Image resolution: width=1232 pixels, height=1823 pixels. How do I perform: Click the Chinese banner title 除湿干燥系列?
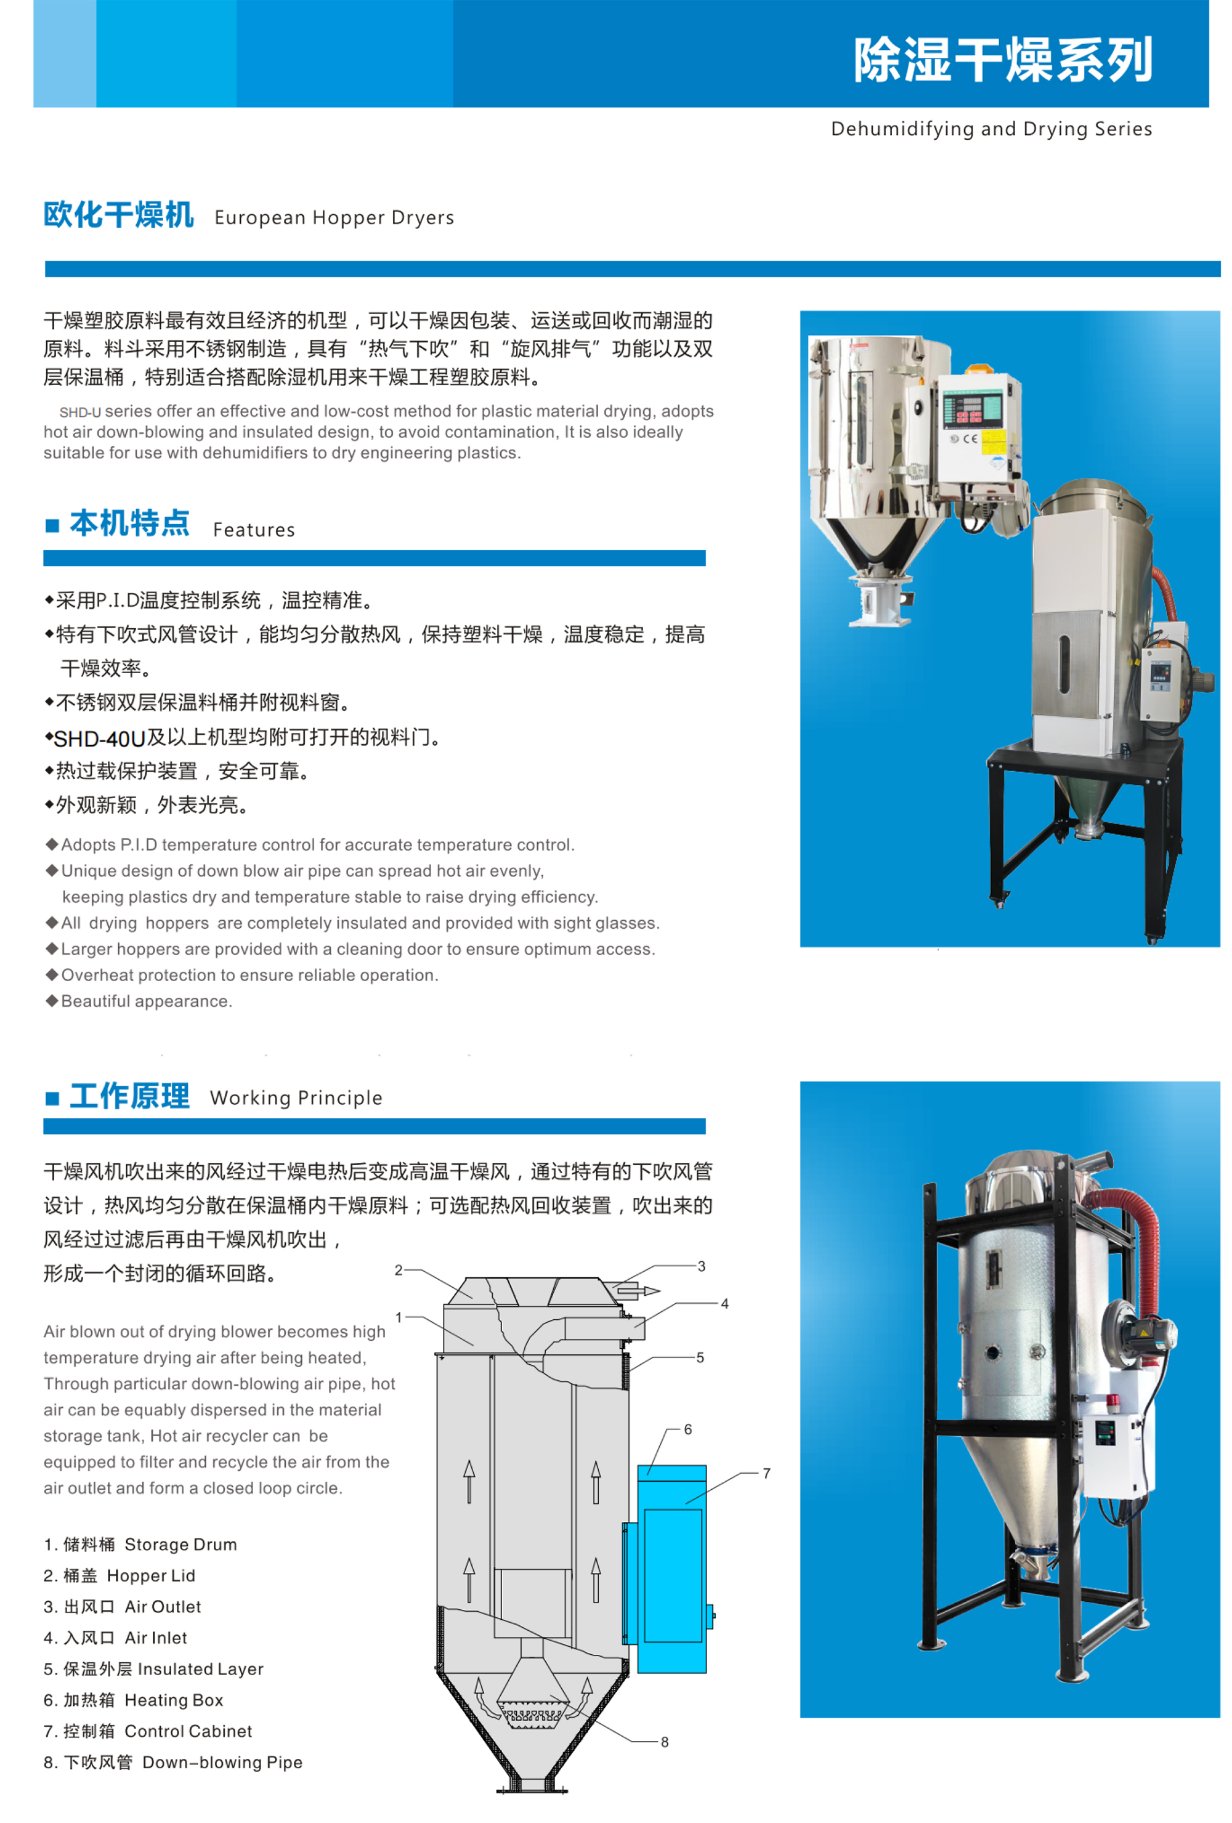(1002, 60)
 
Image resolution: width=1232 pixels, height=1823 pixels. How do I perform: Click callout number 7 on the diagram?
(767, 1473)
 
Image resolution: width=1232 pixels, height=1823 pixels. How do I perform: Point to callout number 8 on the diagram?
(665, 1742)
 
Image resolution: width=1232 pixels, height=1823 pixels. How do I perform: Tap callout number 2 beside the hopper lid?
(399, 1270)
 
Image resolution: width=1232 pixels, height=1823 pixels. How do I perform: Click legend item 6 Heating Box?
(134, 1700)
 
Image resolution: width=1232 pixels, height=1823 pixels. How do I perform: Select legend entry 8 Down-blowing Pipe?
(172, 1763)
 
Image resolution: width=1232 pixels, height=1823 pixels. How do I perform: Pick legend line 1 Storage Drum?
(140, 1545)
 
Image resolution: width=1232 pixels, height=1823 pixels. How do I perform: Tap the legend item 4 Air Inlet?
(115, 1638)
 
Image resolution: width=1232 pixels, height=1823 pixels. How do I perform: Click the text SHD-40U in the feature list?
(100, 739)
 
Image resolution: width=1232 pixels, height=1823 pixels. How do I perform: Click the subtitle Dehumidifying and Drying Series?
(991, 129)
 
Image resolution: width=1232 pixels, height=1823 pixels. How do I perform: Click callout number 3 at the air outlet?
(702, 1266)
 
